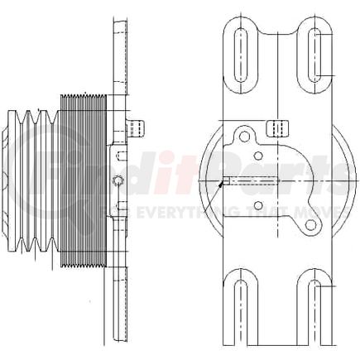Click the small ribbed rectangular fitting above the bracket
[x=279, y=127]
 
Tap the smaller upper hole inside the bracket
[x=258, y=155]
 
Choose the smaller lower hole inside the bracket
[x=258, y=205]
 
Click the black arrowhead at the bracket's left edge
[x=222, y=185]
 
